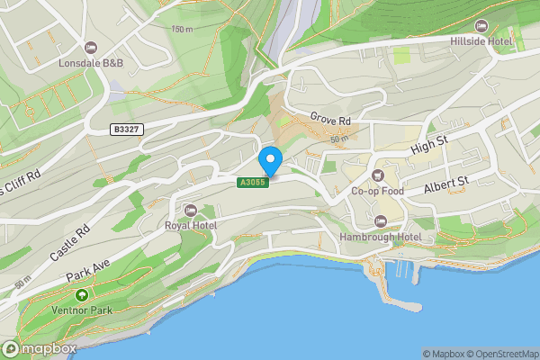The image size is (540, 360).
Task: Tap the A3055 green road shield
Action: (x=252, y=183)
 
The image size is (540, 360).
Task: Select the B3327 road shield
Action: (x=126, y=130)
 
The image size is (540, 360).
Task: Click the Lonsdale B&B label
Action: (x=90, y=64)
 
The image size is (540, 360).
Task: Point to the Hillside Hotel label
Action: (x=481, y=40)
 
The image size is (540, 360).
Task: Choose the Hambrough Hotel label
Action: (x=381, y=237)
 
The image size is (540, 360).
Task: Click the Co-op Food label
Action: (x=377, y=191)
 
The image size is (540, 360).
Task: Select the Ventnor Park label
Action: (x=82, y=311)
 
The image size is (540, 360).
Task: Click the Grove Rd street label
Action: (x=329, y=117)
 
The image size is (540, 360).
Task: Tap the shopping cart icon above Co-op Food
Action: (x=377, y=175)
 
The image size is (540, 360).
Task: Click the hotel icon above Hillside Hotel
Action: (x=481, y=25)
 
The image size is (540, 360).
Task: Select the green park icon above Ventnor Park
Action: (x=82, y=295)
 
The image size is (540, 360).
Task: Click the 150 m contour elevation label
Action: (x=182, y=30)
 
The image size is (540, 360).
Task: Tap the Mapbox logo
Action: (x=40, y=348)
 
